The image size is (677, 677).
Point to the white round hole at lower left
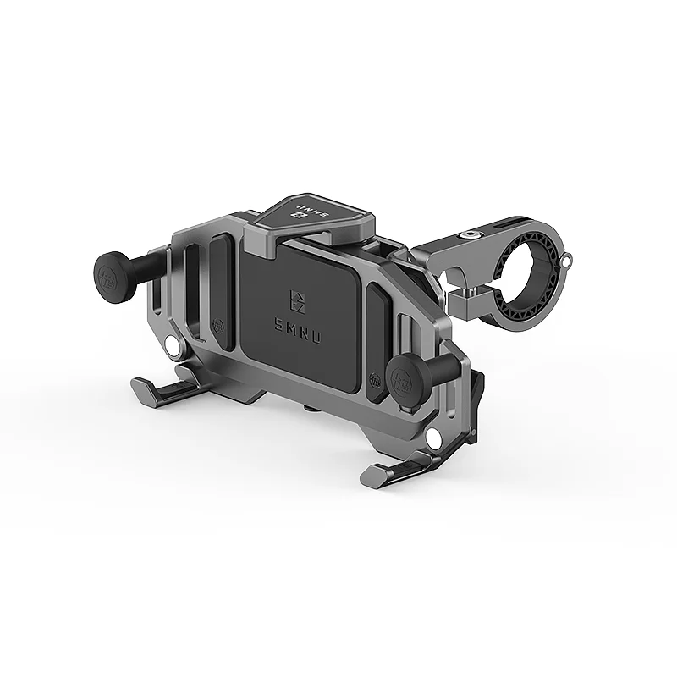(x=173, y=348)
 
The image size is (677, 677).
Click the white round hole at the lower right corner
(x=432, y=438)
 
